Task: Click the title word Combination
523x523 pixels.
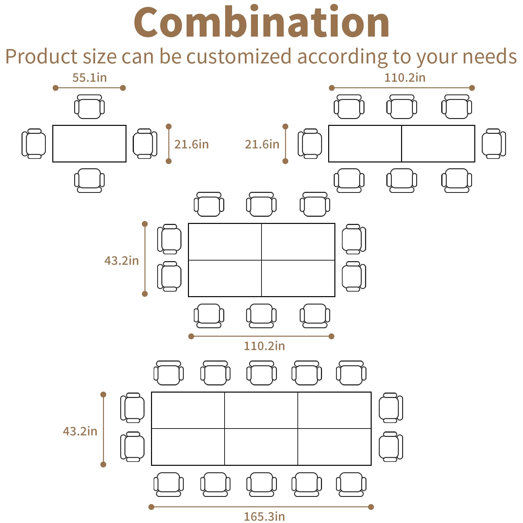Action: click(x=261, y=22)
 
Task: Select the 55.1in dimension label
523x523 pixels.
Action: click(x=90, y=78)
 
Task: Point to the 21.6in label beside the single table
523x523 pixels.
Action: click(x=191, y=144)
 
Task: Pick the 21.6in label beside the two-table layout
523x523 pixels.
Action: click(x=262, y=144)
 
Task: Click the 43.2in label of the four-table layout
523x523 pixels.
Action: click(x=122, y=261)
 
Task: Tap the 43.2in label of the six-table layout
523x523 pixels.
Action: click(x=80, y=431)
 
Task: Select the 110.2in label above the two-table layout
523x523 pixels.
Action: click(x=405, y=78)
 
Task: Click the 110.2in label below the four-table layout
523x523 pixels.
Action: click(x=264, y=346)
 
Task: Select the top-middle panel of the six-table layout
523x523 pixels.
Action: click(x=261, y=410)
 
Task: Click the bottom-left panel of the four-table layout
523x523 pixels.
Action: click(x=225, y=278)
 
